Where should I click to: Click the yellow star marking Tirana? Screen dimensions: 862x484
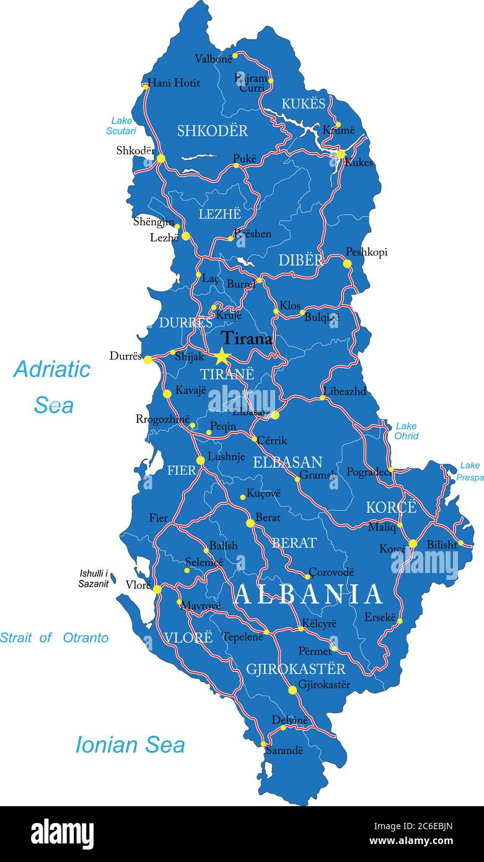222,356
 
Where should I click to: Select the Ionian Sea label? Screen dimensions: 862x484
130,745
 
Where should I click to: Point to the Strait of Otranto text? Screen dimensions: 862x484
54,638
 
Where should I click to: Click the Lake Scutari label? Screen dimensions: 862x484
121,126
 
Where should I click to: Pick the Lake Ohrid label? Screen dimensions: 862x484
407,431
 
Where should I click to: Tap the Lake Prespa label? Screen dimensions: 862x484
470,471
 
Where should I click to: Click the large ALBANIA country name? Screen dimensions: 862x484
309,595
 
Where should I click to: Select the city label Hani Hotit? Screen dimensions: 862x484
174,83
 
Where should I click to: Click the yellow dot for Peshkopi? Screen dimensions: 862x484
347,264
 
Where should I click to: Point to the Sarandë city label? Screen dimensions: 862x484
284,750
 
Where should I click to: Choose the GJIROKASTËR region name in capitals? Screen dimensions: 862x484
296,669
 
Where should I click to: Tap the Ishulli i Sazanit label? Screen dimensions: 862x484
94,579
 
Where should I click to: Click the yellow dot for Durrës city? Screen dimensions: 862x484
148,359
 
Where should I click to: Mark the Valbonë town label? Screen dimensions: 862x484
213,59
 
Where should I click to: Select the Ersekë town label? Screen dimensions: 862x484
379,618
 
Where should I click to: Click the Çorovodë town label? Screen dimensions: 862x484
332,572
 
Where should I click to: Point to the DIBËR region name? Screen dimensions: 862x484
300,260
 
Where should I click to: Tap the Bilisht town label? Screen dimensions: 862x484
442,544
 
